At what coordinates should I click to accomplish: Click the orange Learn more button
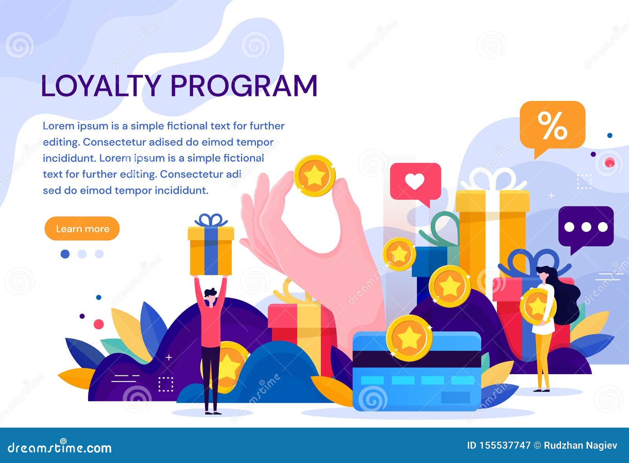[x=82, y=228]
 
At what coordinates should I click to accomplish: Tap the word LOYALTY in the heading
[x=101, y=86]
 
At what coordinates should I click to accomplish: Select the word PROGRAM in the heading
[x=244, y=86]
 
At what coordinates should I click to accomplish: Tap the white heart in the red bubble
[x=415, y=181]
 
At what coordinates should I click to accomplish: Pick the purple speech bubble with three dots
[x=586, y=229]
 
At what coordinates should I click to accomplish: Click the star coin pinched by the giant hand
[x=314, y=176]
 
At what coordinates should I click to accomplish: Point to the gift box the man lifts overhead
[x=211, y=245]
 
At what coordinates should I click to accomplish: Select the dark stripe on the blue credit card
[x=417, y=359]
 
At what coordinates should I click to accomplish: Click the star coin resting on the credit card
[x=409, y=338]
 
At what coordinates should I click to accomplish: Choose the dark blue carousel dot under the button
[x=65, y=254]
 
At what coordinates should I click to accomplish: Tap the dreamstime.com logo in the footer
[x=59, y=448]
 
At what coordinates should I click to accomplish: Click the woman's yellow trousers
[x=543, y=360]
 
